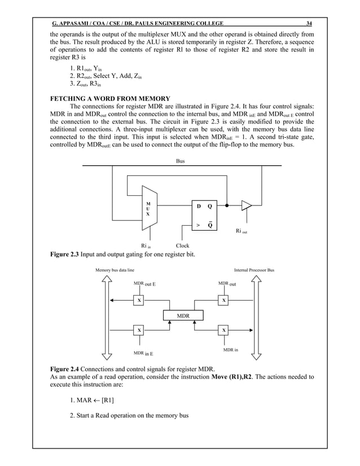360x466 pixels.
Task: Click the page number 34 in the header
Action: pyautogui.click(x=309, y=23)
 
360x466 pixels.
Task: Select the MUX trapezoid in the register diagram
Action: pyautogui.click(x=148, y=209)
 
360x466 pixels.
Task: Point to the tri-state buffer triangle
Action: pyautogui.click(x=247, y=206)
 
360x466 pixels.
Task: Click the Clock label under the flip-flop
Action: pyautogui.click(x=182, y=245)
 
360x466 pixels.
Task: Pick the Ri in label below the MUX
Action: pyautogui.click(x=150, y=246)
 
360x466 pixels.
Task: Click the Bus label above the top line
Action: pyautogui.click(x=181, y=161)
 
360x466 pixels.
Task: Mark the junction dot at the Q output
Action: pyautogui.click(x=226, y=205)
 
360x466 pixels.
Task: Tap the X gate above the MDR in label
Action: pyautogui.click(x=225, y=329)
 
